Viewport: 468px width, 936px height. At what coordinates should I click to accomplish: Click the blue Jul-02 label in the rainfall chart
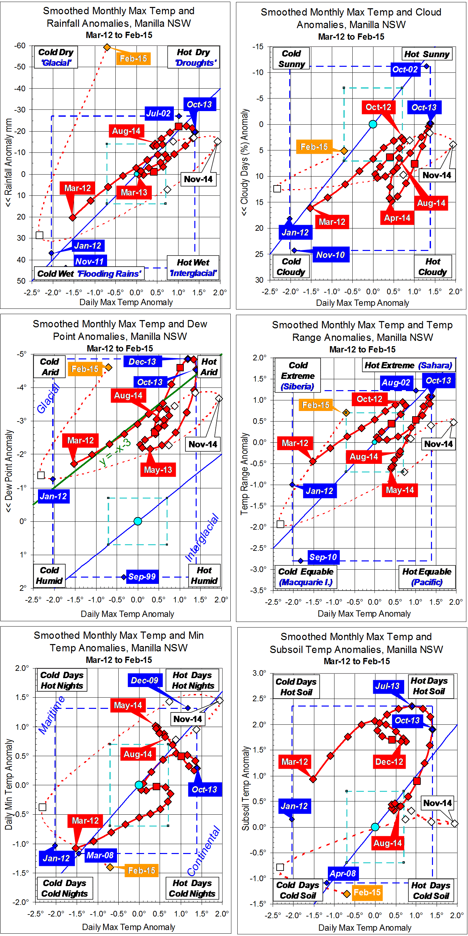pyautogui.click(x=158, y=113)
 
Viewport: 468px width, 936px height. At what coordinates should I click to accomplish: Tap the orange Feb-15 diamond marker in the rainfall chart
pyautogui.click(x=107, y=47)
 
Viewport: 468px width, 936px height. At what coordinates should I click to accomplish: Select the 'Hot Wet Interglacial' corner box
pyautogui.click(x=193, y=267)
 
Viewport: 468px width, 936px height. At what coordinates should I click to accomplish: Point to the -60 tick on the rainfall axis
pyautogui.click(x=20, y=46)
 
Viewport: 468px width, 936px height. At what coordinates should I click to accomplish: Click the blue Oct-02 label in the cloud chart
pyautogui.click(x=405, y=69)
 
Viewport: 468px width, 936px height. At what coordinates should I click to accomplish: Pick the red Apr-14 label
pyautogui.click(x=397, y=218)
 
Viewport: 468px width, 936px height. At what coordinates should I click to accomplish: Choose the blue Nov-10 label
pyautogui.click(x=330, y=255)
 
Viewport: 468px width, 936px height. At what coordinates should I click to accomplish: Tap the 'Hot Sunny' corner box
pyautogui.click(x=427, y=54)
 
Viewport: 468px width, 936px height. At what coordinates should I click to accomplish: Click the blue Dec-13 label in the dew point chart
pyautogui.click(x=142, y=361)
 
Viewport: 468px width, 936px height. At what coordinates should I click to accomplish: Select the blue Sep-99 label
pyautogui.click(x=142, y=576)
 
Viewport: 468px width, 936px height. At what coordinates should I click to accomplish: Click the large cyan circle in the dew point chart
pyautogui.click(x=138, y=521)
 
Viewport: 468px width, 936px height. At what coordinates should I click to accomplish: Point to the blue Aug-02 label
pyautogui.click(x=396, y=382)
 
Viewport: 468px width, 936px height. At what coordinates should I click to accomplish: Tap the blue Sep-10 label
pyautogui.click(x=323, y=557)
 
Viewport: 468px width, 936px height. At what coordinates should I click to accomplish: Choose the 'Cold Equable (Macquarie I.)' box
pyautogui.click(x=306, y=577)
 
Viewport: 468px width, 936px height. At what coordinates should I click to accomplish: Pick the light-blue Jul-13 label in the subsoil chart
pyautogui.click(x=387, y=686)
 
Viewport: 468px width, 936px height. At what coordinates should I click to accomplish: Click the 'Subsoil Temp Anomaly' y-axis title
pyautogui.click(x=246, y=789)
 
